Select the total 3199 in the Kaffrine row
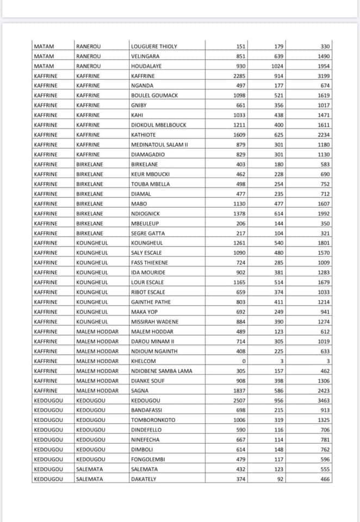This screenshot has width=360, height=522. [323, 76]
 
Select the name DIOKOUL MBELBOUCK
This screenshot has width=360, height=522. [158, 125]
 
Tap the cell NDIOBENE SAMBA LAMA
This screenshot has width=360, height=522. [162, 371]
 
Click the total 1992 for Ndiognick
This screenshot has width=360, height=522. [323, 214]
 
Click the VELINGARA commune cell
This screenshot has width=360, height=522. [145, 56]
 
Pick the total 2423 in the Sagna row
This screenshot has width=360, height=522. [323, 390]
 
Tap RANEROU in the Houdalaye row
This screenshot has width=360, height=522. [88, 66]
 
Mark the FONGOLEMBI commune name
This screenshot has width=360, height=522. [147, 459]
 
